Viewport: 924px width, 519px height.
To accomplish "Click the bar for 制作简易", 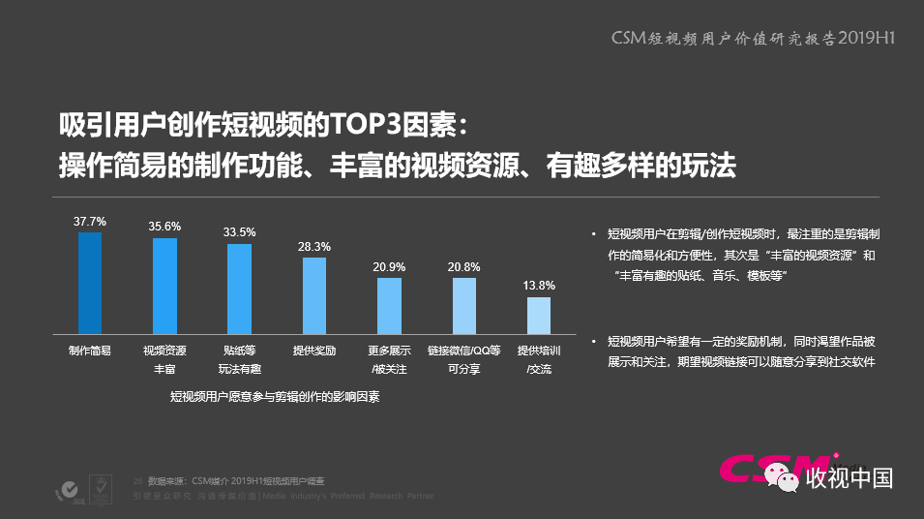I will click(x=90, y=283).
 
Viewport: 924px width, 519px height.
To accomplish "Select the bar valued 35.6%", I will click(x=164, y=286).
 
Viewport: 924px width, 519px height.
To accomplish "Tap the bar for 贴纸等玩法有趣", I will click(x=239, y=289).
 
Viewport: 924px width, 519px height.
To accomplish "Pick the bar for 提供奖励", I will click(x=314, y=295).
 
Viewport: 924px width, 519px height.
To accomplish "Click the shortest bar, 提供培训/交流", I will click(x=539, y=316).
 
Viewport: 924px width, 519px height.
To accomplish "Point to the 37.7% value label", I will click(x=90, y=222).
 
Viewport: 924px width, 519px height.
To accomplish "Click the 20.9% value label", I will click(x=389, y=267).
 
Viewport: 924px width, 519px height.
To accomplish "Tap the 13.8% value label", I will click(x=539, y=286).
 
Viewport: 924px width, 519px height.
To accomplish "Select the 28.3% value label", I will click(x=314, y=247).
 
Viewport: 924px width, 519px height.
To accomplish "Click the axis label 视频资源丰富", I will click(x=164, y=359).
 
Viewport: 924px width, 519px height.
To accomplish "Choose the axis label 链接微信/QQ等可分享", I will click(x=463, y=359).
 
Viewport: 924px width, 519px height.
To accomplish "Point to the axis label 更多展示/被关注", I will click(x=389, y=359).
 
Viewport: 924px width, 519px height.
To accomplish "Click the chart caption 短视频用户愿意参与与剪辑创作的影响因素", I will click(x=275, y=396).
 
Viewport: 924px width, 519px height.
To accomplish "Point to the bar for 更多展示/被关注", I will click(x=389, y=306).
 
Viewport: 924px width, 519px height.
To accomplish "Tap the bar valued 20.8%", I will click(x=463, y=306).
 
